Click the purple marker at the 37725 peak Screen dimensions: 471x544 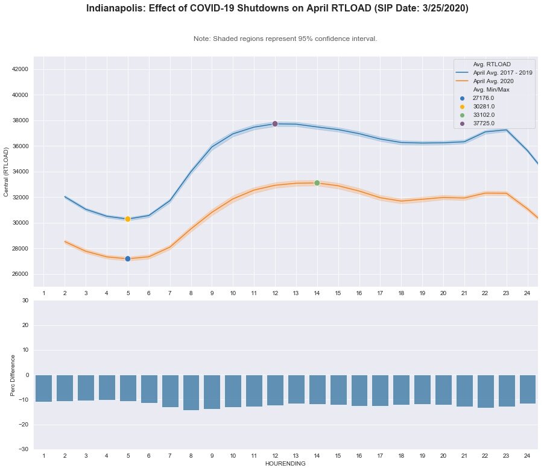pos(275,123)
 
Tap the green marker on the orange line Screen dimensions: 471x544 pos(317,183)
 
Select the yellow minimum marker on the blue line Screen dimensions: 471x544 pos(128,219)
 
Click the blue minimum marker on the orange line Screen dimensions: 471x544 pos(128,258)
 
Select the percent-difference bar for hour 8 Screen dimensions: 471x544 pos(191,392)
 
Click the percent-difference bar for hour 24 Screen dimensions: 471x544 pos(528,389)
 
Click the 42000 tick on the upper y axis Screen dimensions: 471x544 pos(20,69)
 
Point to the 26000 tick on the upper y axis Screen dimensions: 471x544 pos(20,274)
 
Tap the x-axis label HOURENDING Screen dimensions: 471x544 pos(285,464)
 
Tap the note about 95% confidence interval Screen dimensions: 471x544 pos(285,39)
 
